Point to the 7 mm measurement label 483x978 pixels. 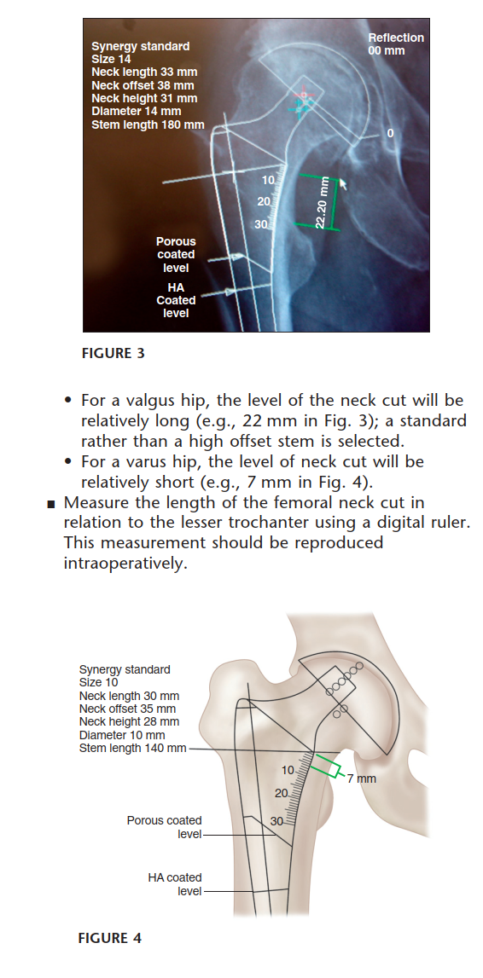361,778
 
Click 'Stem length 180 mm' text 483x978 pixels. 148,125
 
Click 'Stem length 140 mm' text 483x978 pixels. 132,748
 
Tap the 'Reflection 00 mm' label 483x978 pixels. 395,43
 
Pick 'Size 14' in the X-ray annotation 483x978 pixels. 110,59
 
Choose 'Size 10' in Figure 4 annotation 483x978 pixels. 98,682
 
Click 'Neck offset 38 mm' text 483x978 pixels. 142,85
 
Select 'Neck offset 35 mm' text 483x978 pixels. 127,709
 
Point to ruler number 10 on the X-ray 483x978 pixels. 269,180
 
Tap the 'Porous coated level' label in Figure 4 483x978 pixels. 165,827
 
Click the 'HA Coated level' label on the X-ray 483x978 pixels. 176,300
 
